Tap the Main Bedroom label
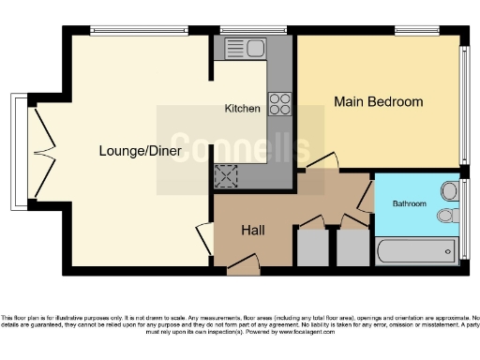[x=378, y=101]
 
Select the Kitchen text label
[x=242, y=109]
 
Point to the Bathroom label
[x=409, y=203]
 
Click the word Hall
[x=253, y=230]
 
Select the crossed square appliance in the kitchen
[x=226, y=175]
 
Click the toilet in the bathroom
[x=448, y=216]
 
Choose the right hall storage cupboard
[x=352, y=247]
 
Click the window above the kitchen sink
[x=246, y=31]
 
